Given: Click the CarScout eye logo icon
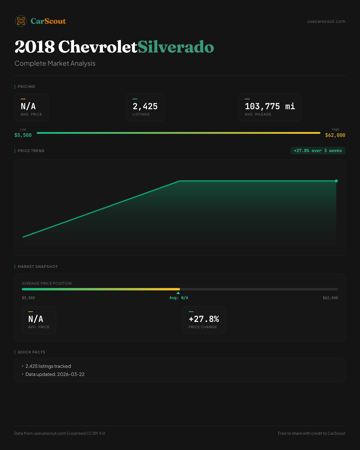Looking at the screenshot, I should [21, 21].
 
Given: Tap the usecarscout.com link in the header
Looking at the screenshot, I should [326, 21].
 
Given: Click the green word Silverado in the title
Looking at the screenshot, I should [176, 47].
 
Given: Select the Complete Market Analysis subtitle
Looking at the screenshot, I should [55, 63].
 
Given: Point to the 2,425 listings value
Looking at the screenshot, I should [145, 106].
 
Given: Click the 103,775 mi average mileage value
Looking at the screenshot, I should [270, 106].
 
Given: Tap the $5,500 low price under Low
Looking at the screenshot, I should [23, 135].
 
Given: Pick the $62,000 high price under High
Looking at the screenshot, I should [335, 135].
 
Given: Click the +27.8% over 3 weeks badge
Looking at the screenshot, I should [318, 151].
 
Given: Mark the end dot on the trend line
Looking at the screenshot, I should [336, 181].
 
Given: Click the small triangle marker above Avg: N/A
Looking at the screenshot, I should [178, 293].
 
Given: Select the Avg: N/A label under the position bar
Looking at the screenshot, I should [179, 298].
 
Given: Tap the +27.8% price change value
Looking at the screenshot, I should [204, 319].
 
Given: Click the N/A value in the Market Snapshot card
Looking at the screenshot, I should [36, 319].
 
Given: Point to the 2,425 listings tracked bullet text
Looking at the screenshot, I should [48, 366].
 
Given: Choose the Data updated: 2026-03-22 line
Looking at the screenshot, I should [55, 374].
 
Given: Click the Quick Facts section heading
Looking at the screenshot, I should [31, 352].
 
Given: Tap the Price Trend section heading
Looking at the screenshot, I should [31, 151].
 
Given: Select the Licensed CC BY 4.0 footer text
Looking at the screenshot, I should [87, 433].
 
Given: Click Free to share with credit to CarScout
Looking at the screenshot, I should [311, 433].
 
